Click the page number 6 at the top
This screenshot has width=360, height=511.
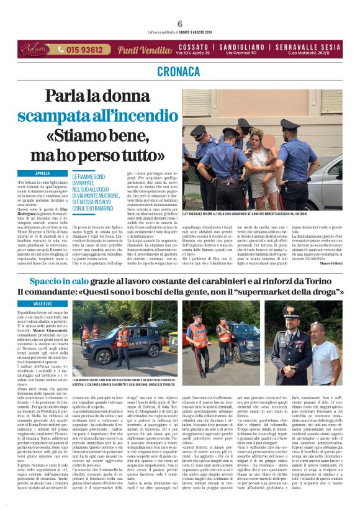point(179,24)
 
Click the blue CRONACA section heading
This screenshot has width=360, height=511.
point(179,72)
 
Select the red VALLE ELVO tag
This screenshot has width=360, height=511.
point(43,303)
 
